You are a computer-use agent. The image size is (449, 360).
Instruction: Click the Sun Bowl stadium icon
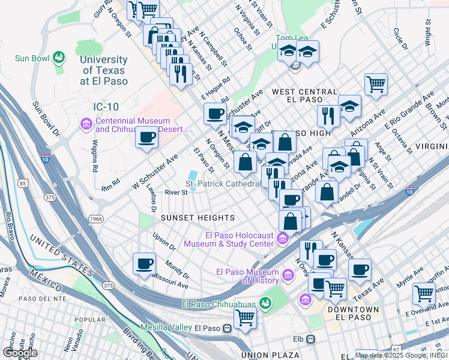click(x=59, y=58)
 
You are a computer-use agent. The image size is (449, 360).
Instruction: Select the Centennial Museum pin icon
click(x=85, y=124)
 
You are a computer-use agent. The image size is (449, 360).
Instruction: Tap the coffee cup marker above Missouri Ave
click(x=144, y=263)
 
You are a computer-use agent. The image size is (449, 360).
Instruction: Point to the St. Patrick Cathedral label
click(x=221, y=184)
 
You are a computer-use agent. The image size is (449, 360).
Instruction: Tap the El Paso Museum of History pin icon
click(x=289, y=276)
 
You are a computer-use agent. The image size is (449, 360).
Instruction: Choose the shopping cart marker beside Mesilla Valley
click(x=245, y=317)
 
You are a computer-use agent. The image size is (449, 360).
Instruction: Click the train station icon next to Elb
click(x=310, y=340)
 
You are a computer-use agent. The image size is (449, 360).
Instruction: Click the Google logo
click(x=20, y=353)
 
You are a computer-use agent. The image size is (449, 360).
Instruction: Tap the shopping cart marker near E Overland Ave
click(x=424, y=294)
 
